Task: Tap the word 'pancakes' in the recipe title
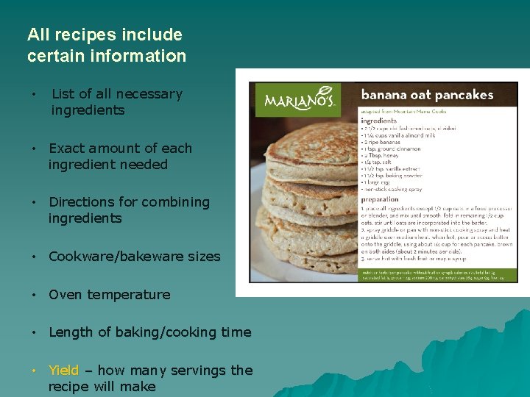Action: pos(462,94)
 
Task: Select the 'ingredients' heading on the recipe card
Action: pos(378,120)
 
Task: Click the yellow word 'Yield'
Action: pos(63,371)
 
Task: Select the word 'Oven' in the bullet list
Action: pos(65,295)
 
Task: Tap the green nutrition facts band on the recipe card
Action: pos(439,275)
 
